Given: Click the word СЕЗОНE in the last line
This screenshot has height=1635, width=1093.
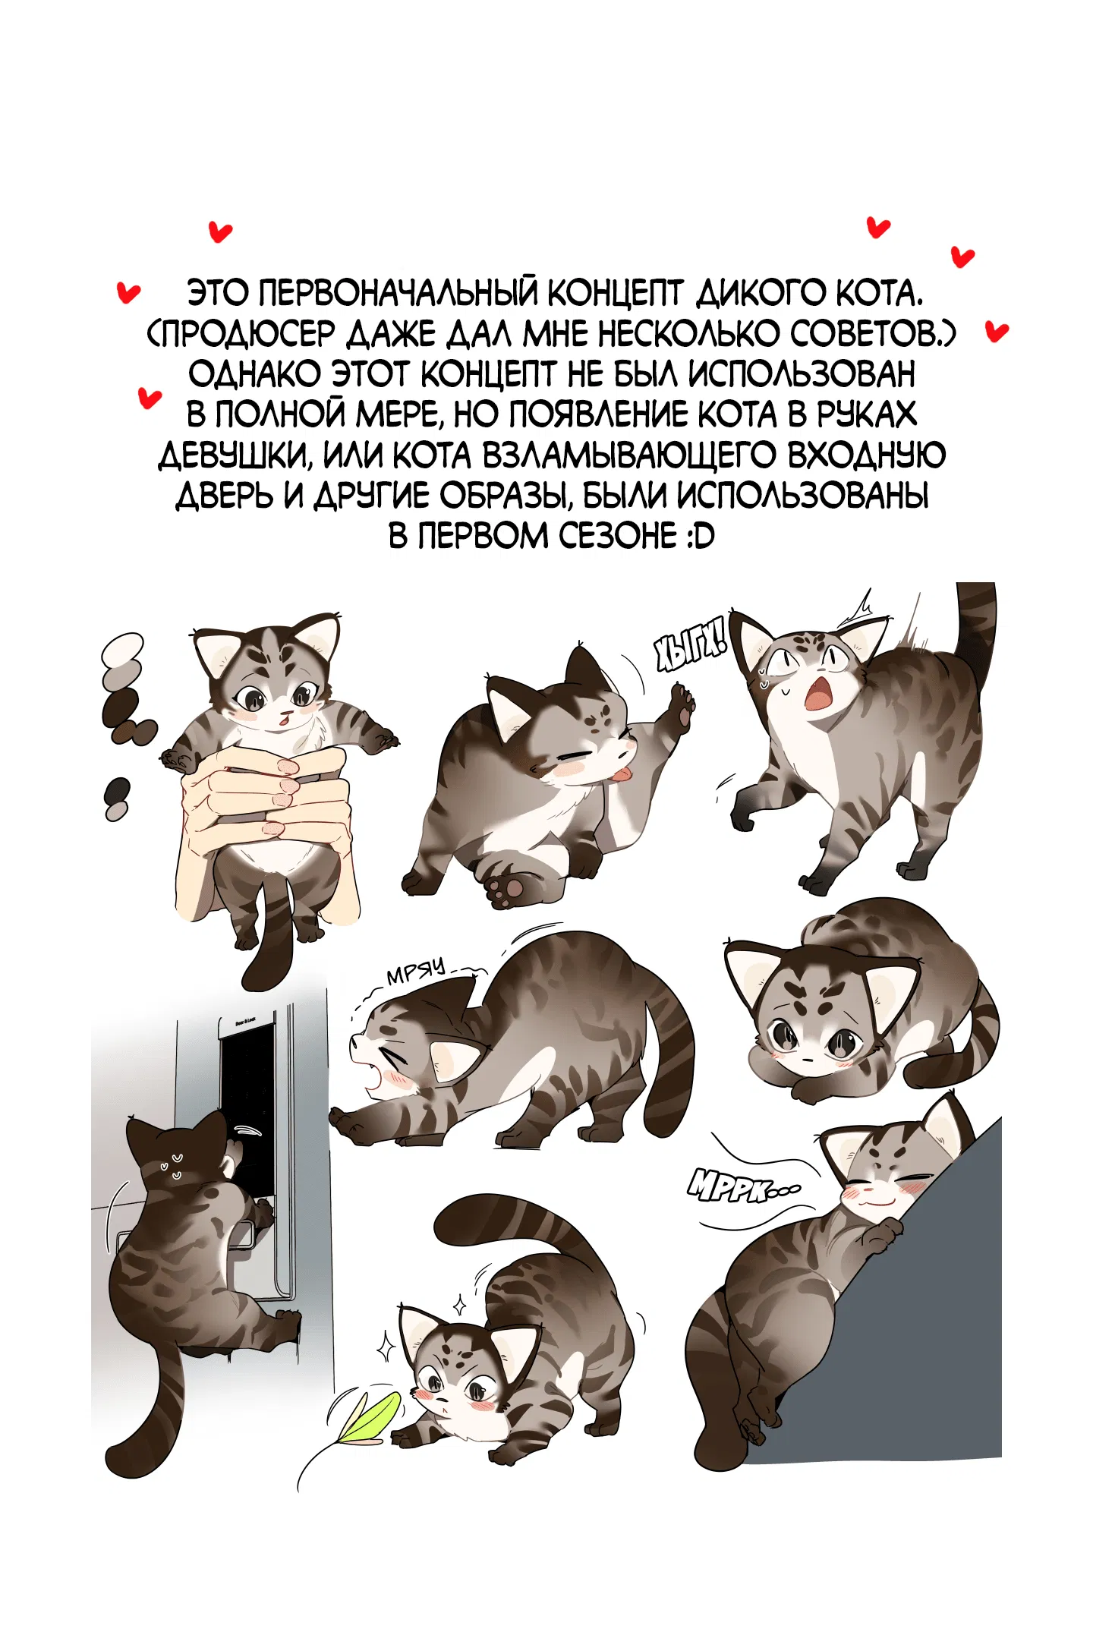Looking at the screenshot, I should click(x=618, y=536).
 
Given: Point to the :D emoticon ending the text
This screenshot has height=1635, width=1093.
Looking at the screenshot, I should click(x=699, y=536).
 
